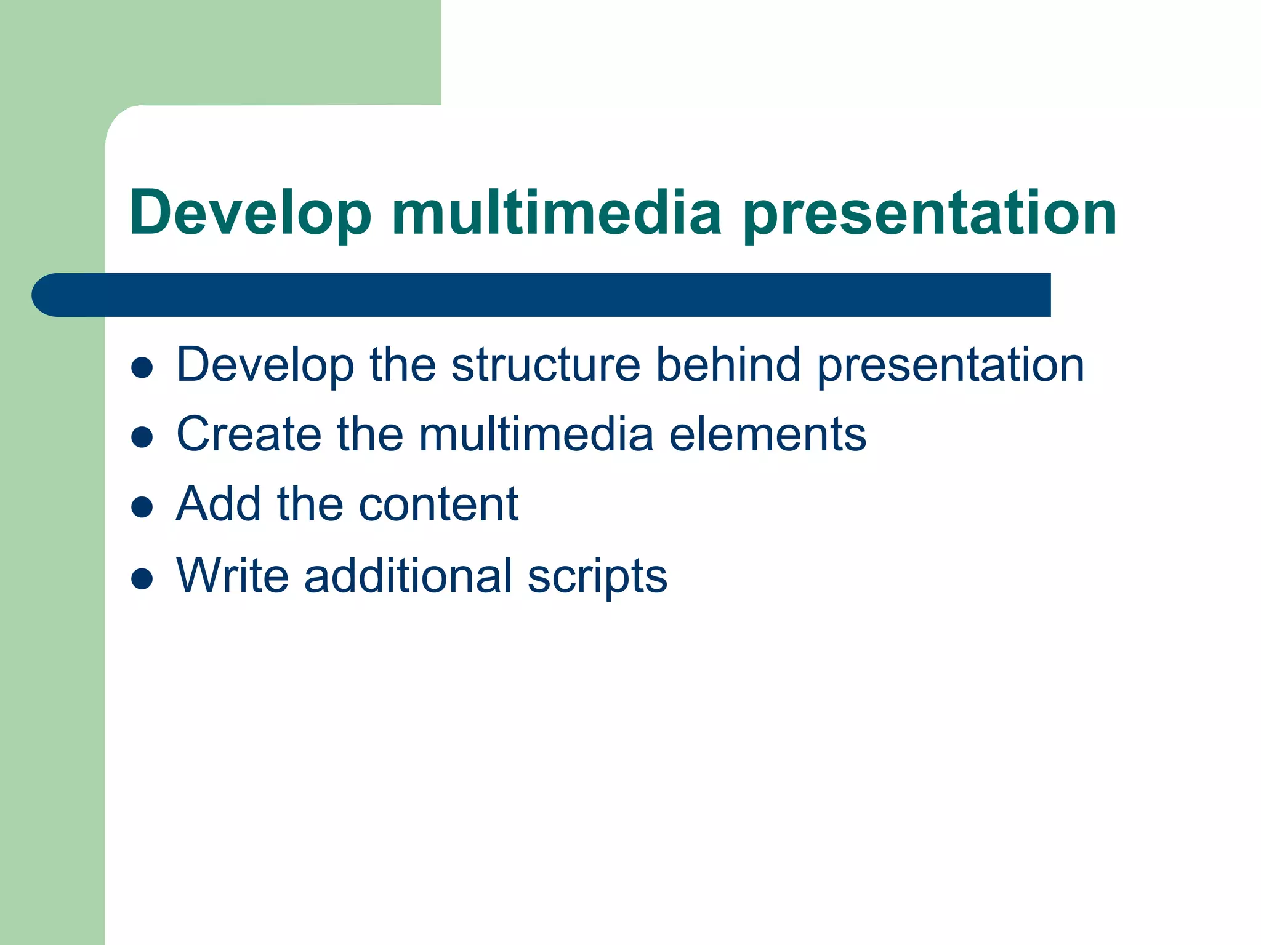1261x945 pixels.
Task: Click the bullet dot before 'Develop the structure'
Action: tap(142, 367)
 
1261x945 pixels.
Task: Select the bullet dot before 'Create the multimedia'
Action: tap(142, 437)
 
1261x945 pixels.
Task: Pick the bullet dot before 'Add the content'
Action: tap(142, 507)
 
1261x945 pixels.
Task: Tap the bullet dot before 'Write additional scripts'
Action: tap(142, 578)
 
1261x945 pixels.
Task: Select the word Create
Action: tap(249, 434)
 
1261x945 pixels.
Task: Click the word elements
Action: tap(767, 434)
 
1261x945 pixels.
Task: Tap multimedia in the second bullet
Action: tap(536, 434)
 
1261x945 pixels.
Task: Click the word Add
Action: tap(219, 504)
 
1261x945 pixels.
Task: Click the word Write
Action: tap(232, 576)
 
